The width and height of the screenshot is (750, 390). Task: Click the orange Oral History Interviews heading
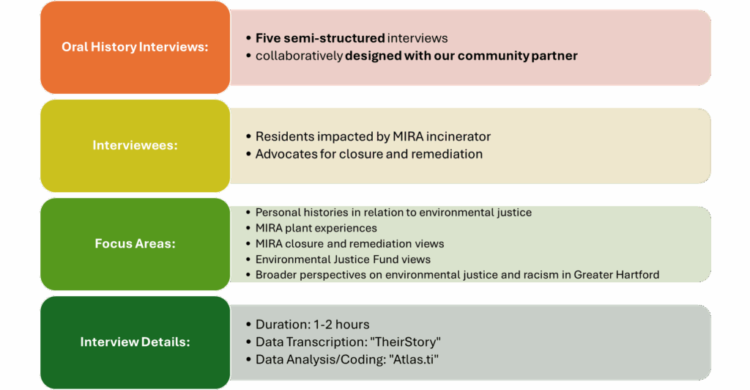(x=135, y=47)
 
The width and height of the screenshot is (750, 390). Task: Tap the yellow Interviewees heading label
(x=135, y=145)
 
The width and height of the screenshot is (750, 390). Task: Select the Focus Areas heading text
(x=135, y=243)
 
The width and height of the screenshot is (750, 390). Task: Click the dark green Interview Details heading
(x=135, y=342)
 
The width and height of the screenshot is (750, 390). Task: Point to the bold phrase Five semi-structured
(x=320, y=38)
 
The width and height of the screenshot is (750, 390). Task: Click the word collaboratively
(x=299, y=56)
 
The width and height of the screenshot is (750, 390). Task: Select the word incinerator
(x=458, y=137)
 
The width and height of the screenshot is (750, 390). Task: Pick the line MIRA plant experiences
(x=316, y=228)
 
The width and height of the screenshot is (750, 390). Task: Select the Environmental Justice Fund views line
(x=343, y=260)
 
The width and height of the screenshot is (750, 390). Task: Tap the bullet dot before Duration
(x=249, y=325)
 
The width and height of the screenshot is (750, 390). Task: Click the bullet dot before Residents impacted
(x=249, y=137)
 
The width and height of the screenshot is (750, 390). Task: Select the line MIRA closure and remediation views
(x=349, y=243)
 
